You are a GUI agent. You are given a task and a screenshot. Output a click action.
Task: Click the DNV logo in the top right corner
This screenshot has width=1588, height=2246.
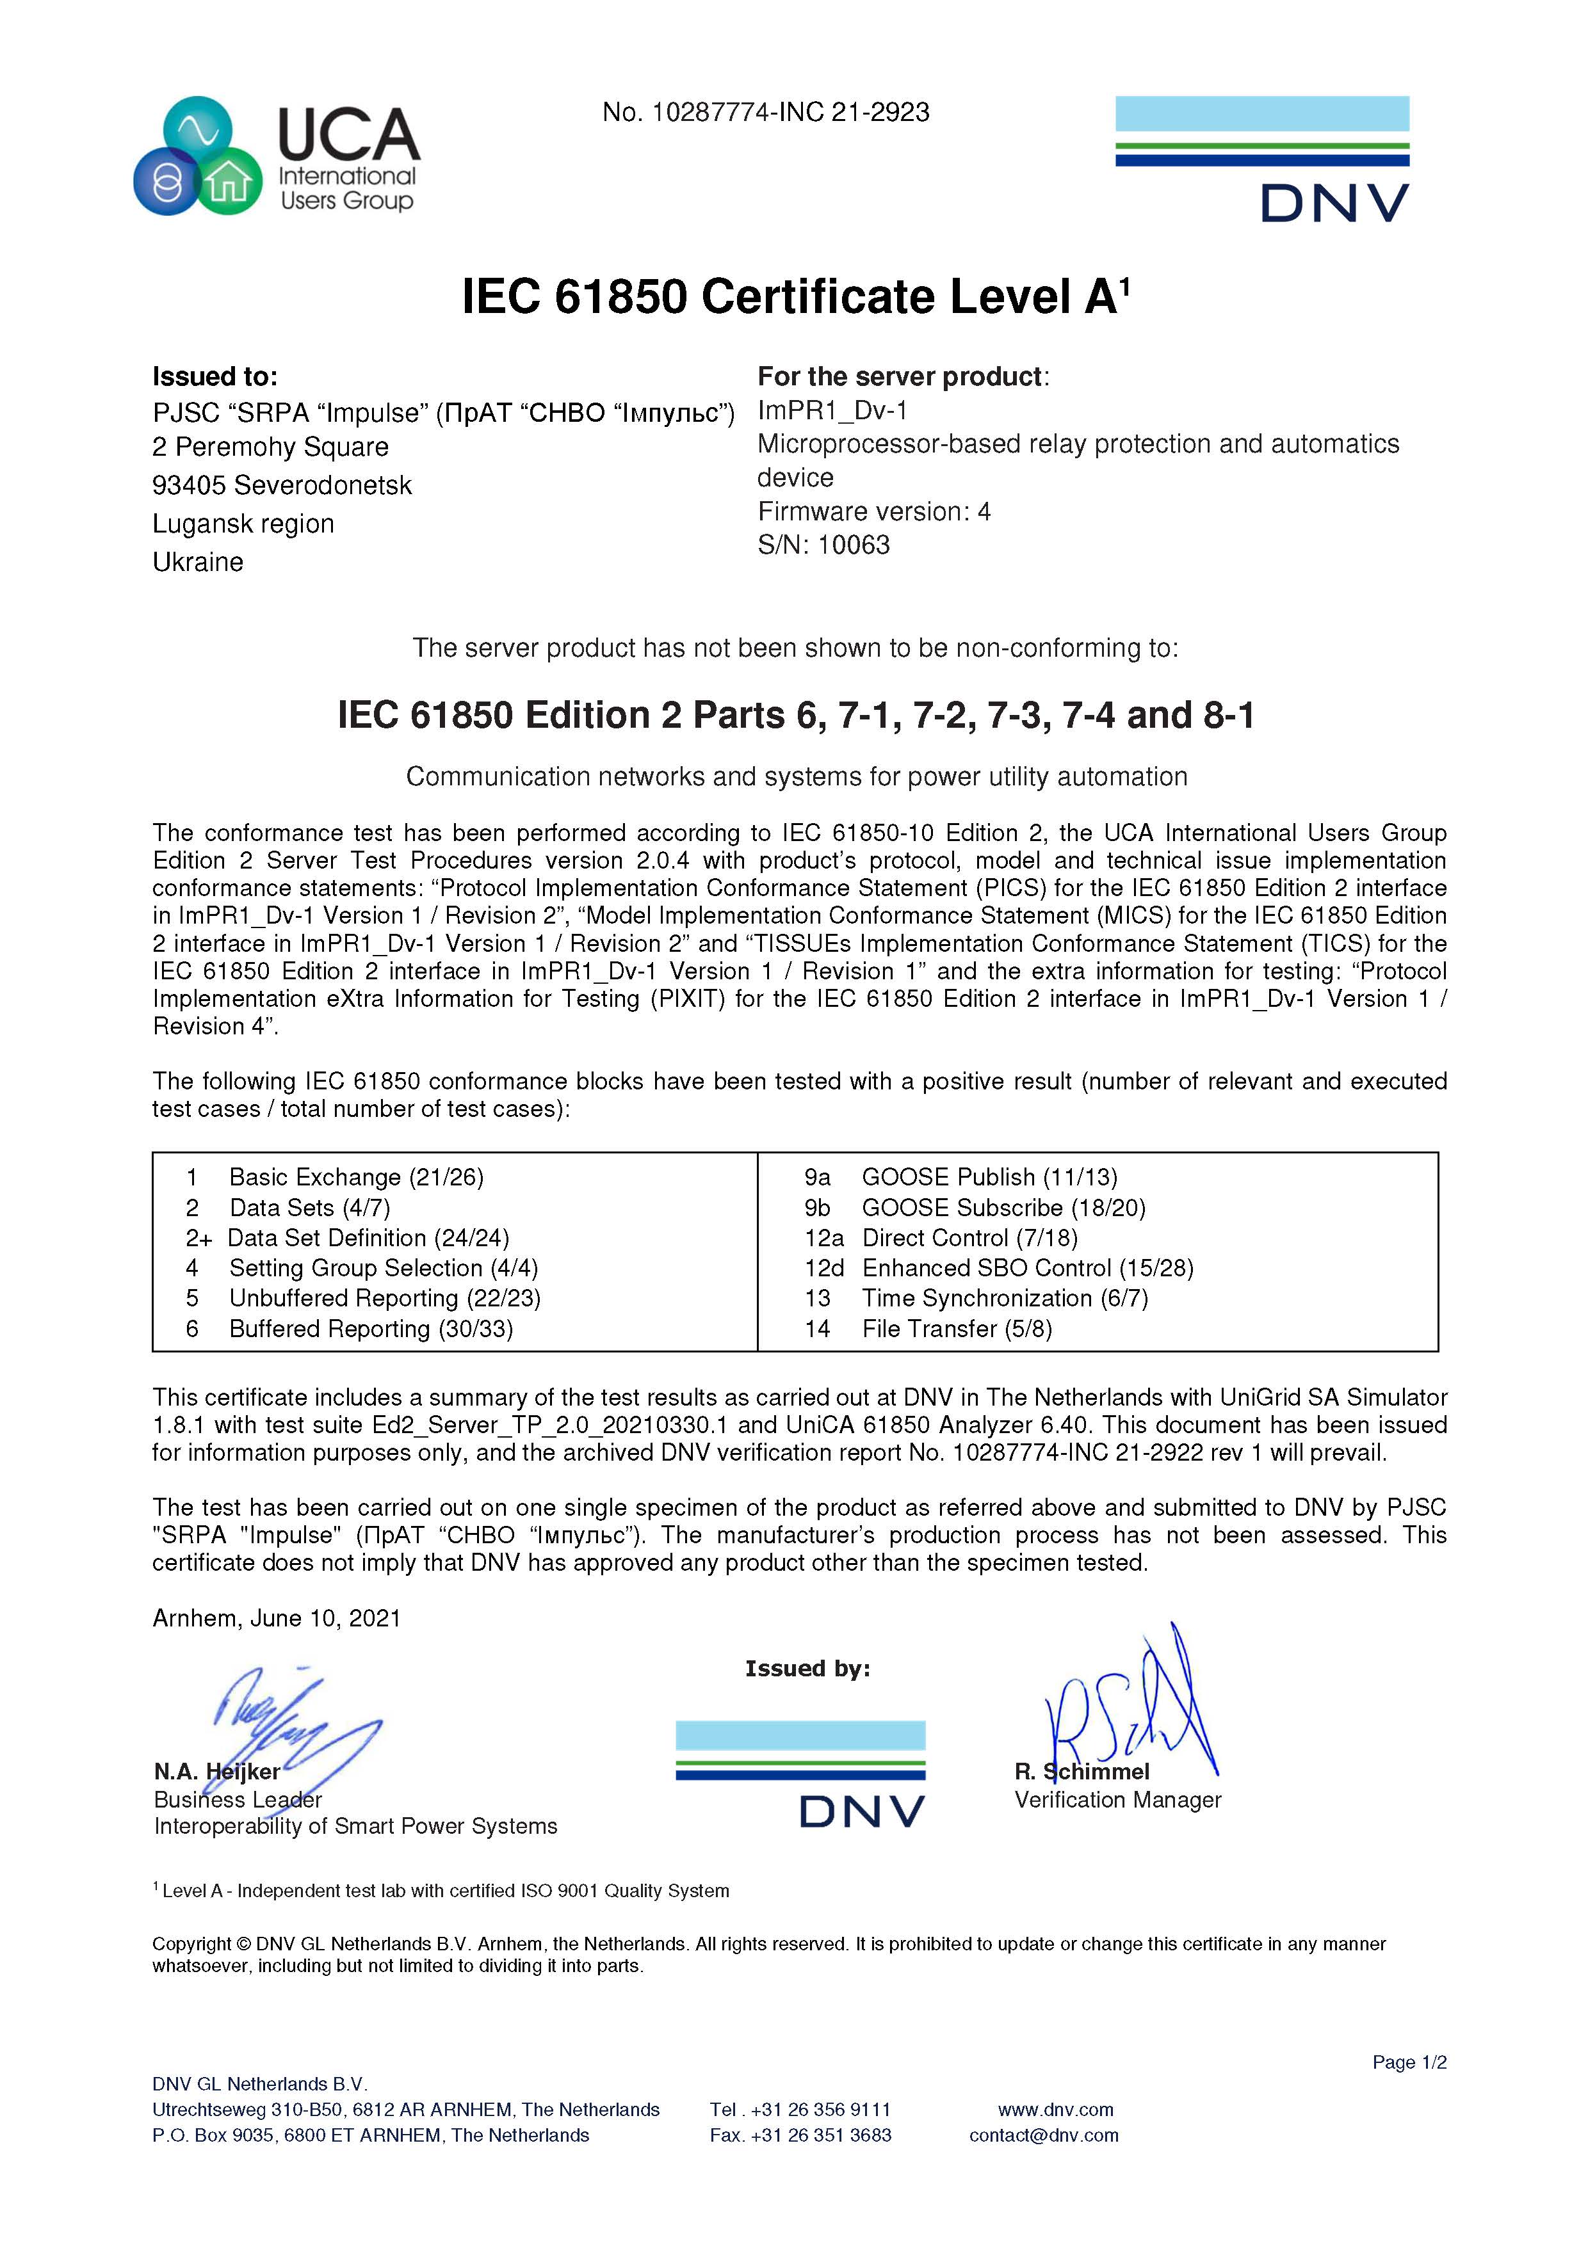click(x=1261, y=159)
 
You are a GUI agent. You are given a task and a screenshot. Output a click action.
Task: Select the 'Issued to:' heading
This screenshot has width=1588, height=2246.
click(x=215, y=376)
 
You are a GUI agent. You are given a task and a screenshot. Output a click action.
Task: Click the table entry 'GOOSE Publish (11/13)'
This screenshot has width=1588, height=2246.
click(x=988, y=1177)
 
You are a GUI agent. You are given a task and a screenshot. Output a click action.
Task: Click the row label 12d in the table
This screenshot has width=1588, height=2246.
click(x=824, y=1268)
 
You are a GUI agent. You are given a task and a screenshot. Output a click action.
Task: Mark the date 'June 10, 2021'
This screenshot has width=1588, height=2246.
click(x=325, y=1618)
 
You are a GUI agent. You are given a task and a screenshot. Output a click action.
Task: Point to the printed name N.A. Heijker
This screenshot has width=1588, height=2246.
click(x=216, y=1772)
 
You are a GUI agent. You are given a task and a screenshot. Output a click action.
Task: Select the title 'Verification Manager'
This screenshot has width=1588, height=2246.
click(x=1117, y=1800)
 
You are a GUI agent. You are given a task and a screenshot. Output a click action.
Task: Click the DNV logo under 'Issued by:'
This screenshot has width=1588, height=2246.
click(x=800, y=1774)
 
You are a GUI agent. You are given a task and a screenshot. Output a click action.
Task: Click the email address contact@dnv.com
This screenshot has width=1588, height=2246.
click(x=1043, y=2135)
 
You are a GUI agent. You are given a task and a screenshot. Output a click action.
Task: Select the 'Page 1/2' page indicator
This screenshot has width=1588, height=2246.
click(x=1408, y=2062)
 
